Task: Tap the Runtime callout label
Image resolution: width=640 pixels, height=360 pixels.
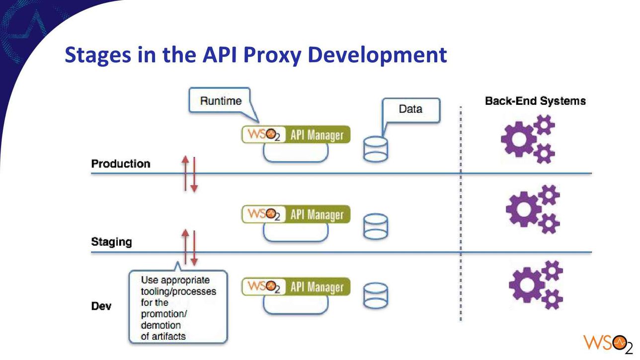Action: (221, 101)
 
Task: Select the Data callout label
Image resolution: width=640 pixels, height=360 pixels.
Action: (410, 109)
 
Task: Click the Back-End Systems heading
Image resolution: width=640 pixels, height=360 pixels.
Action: (535, 101)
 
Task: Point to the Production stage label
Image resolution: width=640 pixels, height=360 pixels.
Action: (121, 163)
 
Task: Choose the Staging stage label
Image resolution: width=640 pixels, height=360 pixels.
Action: (111, 242)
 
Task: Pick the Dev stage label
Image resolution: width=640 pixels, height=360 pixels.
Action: (101, 306)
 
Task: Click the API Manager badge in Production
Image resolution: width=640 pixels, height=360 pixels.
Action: (296, 135)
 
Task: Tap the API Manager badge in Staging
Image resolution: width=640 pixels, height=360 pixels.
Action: (296, 214)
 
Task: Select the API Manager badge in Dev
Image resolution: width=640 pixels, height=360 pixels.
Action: (296, 287)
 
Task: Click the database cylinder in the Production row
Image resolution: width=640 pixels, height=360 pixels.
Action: (376, 149)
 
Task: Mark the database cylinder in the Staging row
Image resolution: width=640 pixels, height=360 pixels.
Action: (376, 226)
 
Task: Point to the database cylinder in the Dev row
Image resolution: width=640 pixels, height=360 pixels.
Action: (376, 295)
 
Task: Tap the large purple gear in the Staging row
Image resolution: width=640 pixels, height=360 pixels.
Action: (523, 209)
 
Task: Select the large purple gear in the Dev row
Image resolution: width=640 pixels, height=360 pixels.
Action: (527, 285)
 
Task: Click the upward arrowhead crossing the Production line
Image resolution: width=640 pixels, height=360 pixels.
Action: (185, 159)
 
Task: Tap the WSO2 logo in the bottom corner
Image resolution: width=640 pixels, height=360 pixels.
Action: (608, 344)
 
